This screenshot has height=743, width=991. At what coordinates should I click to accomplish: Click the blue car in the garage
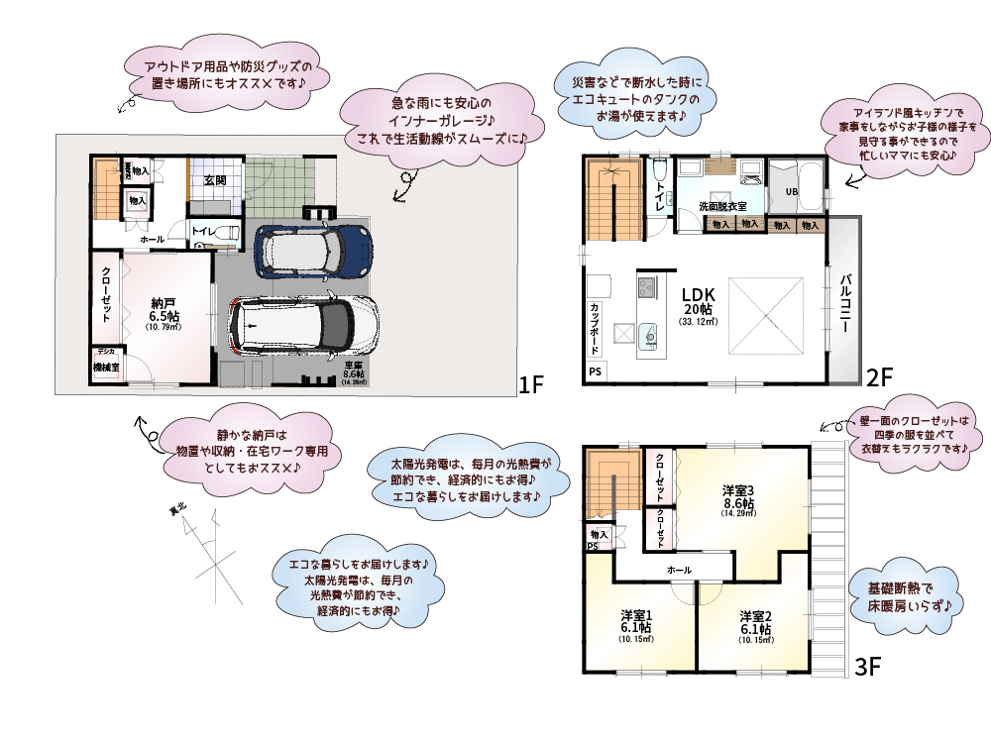tap(312, 252)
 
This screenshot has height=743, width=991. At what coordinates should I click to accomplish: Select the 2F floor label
tap(880, 376)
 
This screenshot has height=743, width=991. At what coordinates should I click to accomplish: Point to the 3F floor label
tap(868, 668)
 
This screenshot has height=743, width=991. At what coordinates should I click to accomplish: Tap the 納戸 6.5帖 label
tap(165, 312)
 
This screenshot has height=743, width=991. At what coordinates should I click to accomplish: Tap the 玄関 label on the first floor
tap(215, 180)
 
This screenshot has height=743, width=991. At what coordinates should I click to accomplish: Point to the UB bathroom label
tap(792, 191)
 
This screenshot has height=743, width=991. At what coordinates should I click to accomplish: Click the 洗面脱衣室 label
tap(722, 206)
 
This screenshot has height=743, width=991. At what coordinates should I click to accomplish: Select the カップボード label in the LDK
tap(596, 326)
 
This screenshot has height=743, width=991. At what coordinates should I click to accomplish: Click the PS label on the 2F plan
tap(595, 371)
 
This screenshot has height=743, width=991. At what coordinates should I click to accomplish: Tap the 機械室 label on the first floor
tap(106, 367)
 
